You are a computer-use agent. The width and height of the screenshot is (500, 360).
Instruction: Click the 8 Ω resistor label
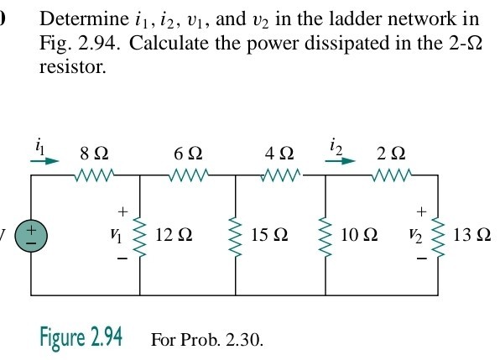pyautogui.click(x=94, y=154)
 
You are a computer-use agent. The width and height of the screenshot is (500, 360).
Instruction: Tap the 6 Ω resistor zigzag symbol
pyautogui.click(x=188, y=175)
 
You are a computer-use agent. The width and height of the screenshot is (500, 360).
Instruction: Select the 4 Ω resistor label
pyautogui.click(x=279, y=154)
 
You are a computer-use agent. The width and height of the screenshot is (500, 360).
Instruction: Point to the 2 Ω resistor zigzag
pyautogui.click(x=392, y=175)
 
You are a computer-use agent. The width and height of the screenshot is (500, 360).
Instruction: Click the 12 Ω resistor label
pyautogui.click(x=174, y=235)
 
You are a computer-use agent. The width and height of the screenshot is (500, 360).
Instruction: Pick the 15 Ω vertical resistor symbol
pyautogui.click(x=236, y=237)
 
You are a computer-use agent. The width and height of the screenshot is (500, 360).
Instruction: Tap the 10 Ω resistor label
pyautogui.click(x=359, y=235)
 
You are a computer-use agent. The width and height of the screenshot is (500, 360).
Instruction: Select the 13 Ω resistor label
pyautogui.click(x=471, y=235)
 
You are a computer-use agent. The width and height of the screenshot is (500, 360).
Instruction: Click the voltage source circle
pyautogui.click(x=31, y=236)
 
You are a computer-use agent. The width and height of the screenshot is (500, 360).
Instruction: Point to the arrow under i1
pyautogui.click(x=44, y=161)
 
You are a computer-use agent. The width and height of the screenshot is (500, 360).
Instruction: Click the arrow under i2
pyautogui.click(x=340, y=160)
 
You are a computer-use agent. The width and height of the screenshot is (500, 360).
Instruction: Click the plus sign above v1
pyautogui.click(x=122, y=211)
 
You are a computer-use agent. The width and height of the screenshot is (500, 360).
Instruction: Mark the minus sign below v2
pyautogui.click(x=421, y=258)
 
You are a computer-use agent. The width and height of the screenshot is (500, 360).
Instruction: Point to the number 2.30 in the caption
pyautogui.click(x=243, y=340)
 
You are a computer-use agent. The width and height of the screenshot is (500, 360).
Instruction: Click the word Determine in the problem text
pyautogui.click(x=84, y=18)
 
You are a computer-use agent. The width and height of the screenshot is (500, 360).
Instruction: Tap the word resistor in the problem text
pyautogui.click(x=72, y=66)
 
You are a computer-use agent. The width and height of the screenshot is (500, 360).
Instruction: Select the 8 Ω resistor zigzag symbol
pyautogui.click(x=95, y=175)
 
